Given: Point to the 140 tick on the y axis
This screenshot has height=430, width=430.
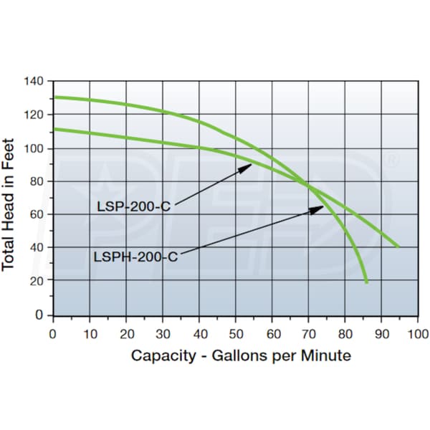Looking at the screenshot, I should coord(35,81).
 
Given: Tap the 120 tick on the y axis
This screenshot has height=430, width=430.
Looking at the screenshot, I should coord(35,115).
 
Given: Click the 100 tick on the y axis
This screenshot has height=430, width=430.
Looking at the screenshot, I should coord(35,148).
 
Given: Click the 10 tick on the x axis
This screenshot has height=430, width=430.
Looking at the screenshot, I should coord(89,333).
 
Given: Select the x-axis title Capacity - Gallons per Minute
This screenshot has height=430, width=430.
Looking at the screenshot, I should coord(241,356).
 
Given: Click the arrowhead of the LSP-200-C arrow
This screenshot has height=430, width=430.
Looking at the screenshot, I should coord(250,165).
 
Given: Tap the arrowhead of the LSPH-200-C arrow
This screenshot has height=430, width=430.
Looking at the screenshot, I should coord(322,207).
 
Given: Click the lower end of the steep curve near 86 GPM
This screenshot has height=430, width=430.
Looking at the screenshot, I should coord(367,282).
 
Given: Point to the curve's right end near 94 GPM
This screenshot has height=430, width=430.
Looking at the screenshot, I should coord(398,247).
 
